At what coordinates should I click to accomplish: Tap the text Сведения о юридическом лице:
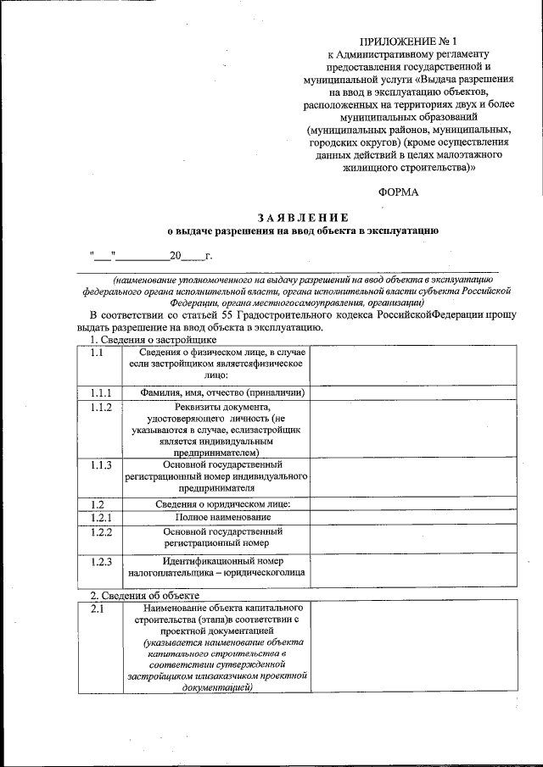pyautogui.click(x=222, y=504)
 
